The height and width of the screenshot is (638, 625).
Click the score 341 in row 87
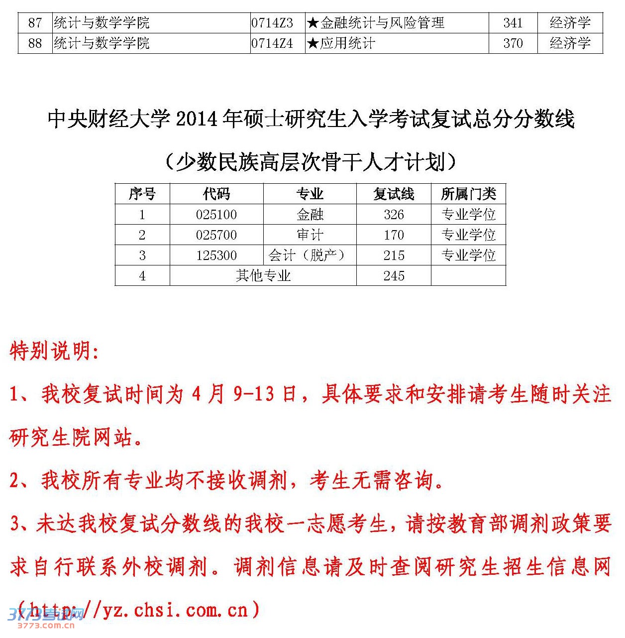tap(513, 23)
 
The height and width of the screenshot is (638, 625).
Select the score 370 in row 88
tap(513, 43)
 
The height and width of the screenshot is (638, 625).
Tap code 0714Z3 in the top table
tap(272, 23)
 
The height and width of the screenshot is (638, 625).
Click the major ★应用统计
tap(341, 43)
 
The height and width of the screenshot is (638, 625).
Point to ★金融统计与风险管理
tap(376, 23)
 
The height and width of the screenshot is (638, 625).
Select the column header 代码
tap(216, 194)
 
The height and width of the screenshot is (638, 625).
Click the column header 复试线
tap(394, 194)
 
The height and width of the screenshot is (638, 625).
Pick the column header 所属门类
tap(468, 194)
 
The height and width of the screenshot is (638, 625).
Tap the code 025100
tap(216, 215)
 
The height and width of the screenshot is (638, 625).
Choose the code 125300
tap(216, 255)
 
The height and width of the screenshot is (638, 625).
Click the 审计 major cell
tap(310, 235)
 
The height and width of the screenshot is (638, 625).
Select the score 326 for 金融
tap(394, 215)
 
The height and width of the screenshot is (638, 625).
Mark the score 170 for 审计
tap(394, 235)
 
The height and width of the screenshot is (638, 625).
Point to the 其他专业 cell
tap(263, 275)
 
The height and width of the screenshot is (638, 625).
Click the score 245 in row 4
tap(394, 275)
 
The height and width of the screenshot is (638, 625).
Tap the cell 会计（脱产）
tap(307, 255)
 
